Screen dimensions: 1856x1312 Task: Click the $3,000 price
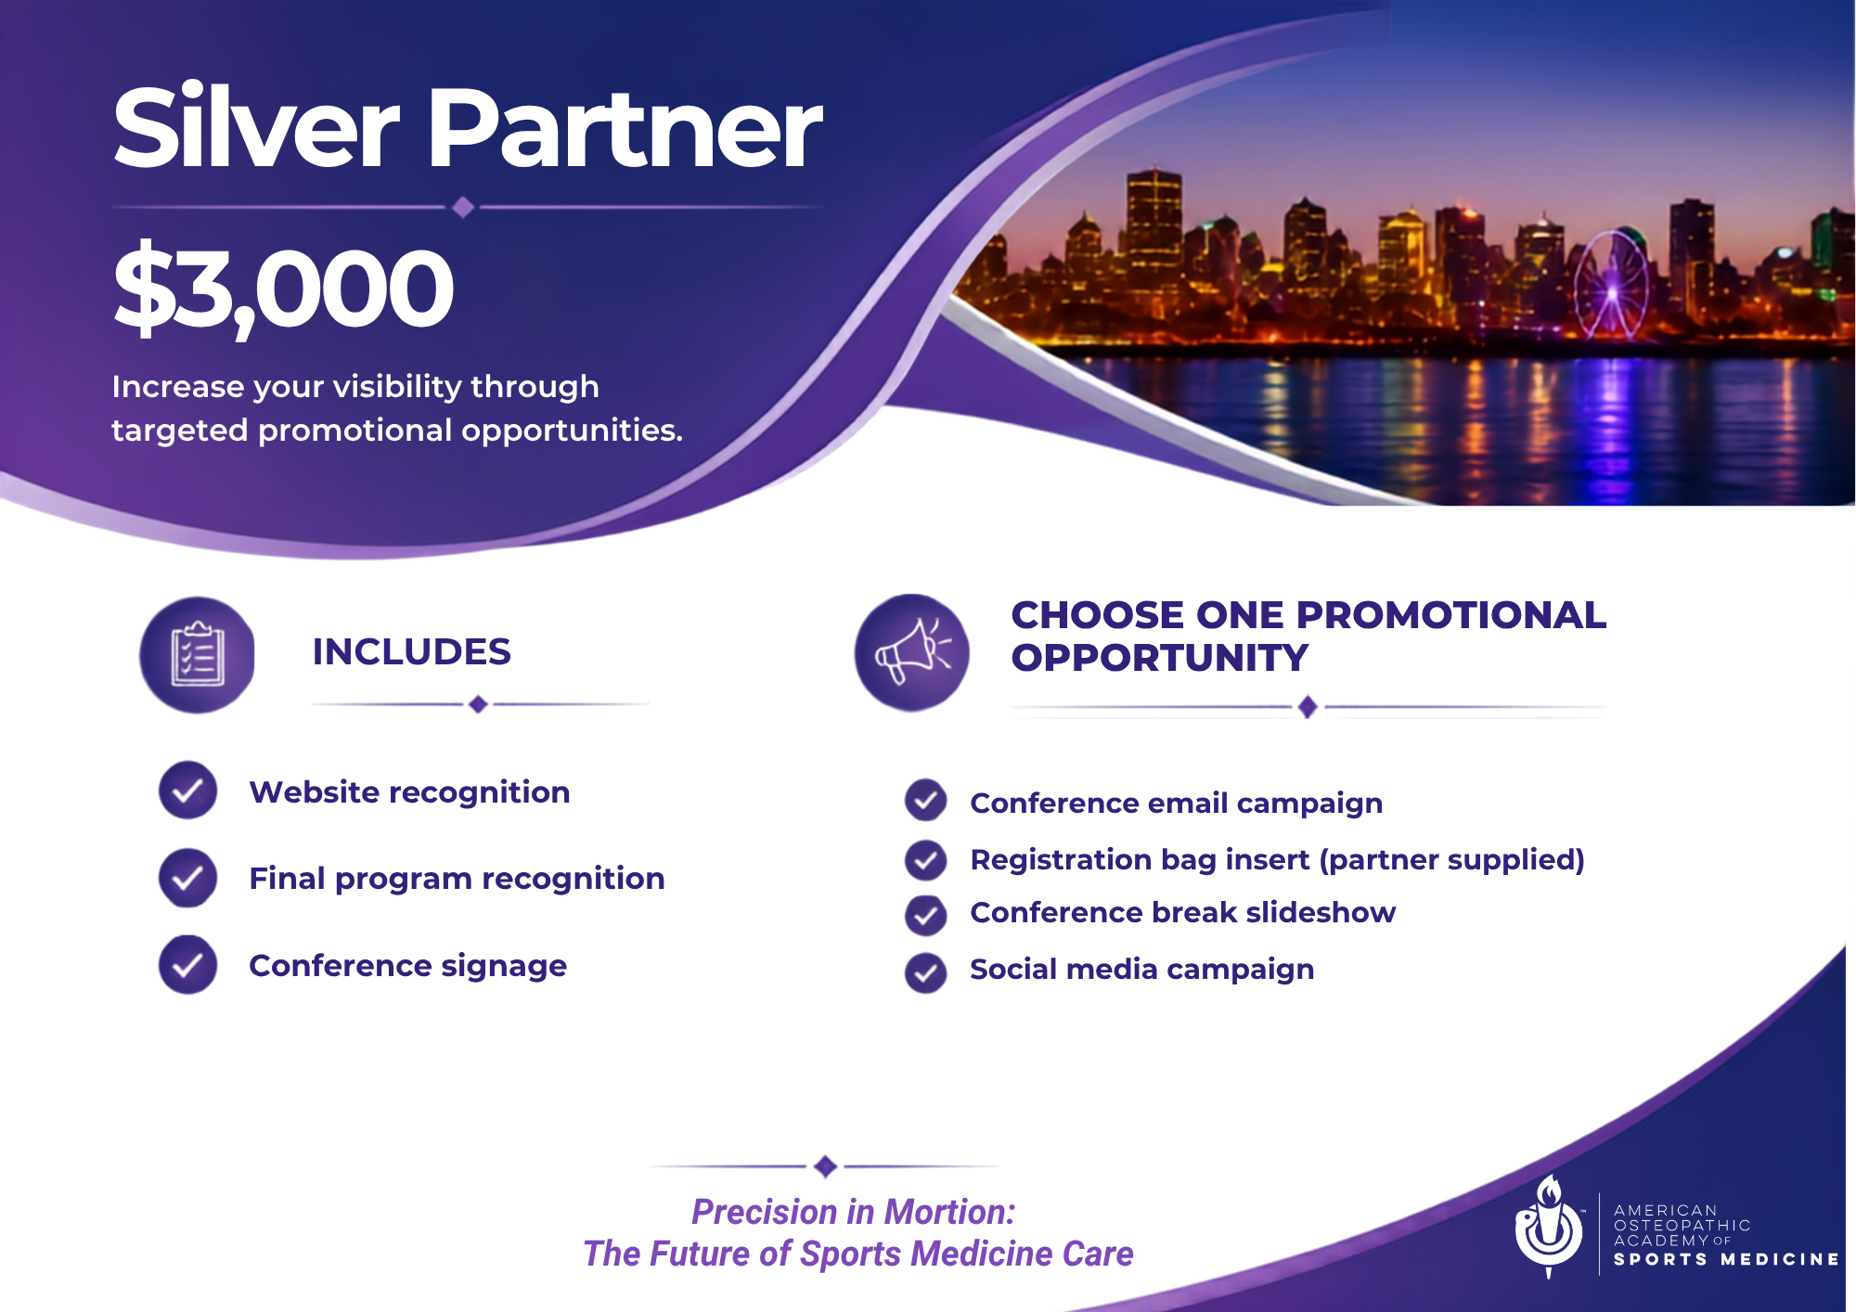[283, 289]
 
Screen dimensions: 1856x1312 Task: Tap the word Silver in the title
[256, 127]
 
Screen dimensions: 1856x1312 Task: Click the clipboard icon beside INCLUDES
[197, 654]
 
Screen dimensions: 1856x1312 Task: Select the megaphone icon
[912, 652]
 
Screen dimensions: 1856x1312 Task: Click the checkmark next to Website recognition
[187, 791]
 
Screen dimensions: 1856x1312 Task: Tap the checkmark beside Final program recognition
[187, 878]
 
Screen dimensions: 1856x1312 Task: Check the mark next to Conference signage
[187, 965]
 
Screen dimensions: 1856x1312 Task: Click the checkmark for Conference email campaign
[925, 801]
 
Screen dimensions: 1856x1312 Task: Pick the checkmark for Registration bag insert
[925, 860]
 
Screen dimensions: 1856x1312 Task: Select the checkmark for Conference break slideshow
[925, 916]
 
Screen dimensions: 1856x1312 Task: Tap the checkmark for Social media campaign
[925, 973]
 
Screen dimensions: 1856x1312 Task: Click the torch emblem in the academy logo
[1548, 1226]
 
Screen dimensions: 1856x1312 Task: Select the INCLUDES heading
[411, 651]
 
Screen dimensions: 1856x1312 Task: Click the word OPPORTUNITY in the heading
[1160, 658]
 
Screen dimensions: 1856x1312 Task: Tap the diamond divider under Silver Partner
[464, 207]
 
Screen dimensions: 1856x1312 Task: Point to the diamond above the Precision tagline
[825, 1166]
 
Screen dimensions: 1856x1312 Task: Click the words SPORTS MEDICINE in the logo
[1726, 1259]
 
